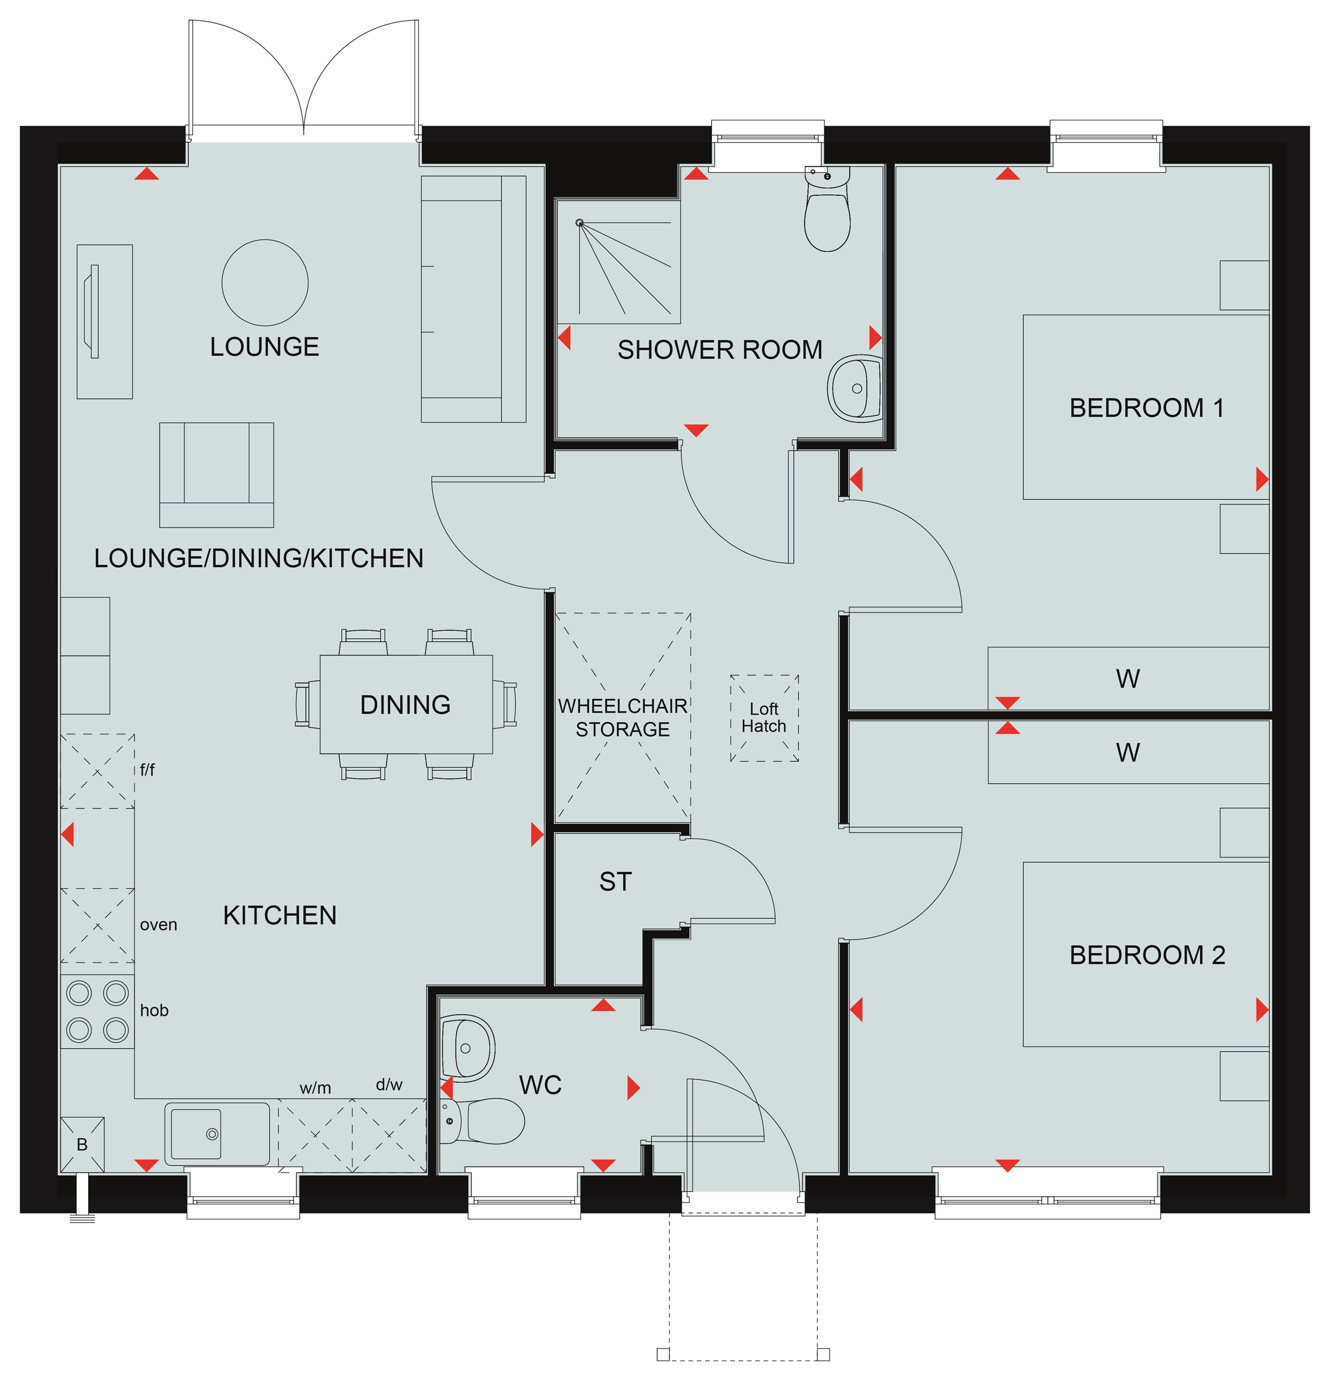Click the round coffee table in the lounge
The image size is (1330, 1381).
(x=265, y=282)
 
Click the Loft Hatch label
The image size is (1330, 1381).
(x=764, y=717)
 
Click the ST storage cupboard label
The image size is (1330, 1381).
(x=615, y=881)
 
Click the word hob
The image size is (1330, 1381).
(x=154, y=1011)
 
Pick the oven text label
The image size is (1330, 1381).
(x=158, y=925)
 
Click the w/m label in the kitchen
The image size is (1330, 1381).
(x=315, y=1088)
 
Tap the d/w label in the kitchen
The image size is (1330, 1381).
(x=389, y=1085)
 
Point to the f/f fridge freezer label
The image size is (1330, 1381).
(x=147, y=770)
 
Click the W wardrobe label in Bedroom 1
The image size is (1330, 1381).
(x=1128, y=679)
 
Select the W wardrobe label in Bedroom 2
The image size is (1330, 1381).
(x=1128, y=753)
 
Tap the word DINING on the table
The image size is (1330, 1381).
(x=405, y=704)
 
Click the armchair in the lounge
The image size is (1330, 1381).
(x=216, y=475)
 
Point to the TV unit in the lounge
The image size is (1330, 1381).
(x=104, y=321)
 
